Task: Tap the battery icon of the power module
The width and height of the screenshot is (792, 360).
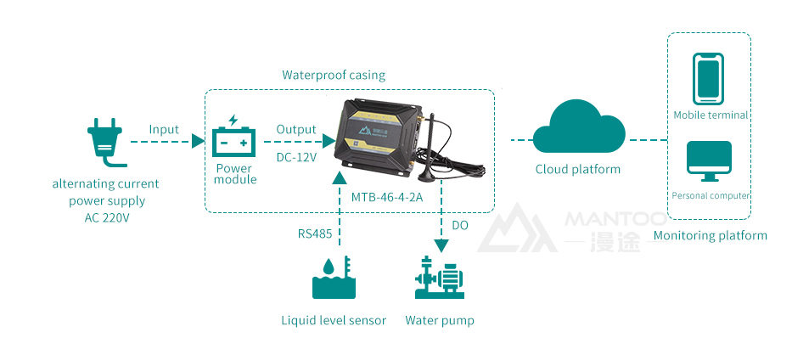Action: pyautogui.click(x=233, y=138)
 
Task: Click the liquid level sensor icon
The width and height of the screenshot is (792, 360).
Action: pyautogui.click(x=334, y=278)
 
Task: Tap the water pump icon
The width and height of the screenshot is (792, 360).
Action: pyautogui.click(x=440, y=278)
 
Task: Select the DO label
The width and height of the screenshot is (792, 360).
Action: pyautogui.click(x=460, y=225)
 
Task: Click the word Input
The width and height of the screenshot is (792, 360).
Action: pyautogui.click(x=164, y=129)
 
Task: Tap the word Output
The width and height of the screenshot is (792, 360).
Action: pyautogui.click(x=296, y=129)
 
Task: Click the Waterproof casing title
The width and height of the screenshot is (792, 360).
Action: pyautogui.click(x=334, y=75)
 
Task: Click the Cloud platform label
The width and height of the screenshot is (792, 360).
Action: pyautogui.click(x=578, y=169)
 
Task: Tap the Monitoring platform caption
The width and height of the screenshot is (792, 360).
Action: pyautogui.click(x=711, y=235)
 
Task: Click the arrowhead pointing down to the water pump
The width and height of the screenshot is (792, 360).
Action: pyautogui.click(x=441, y=245)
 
